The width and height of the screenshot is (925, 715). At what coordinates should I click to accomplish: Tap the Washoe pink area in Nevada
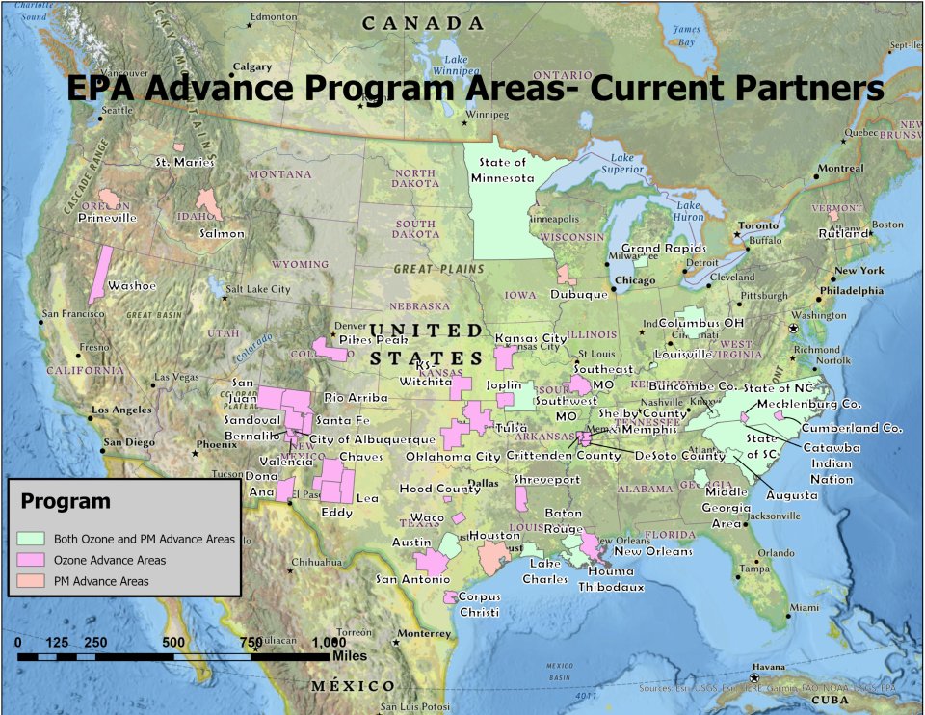99,274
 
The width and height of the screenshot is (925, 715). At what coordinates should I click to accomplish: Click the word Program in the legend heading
66,502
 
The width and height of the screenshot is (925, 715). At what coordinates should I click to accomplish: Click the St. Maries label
184,162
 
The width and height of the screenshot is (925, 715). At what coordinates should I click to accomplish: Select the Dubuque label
581,294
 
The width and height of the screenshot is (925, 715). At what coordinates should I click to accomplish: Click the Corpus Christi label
479,604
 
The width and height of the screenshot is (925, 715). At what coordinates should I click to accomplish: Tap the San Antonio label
412,579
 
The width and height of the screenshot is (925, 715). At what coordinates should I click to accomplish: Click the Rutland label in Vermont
844,233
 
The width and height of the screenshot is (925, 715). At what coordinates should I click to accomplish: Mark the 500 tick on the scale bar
173,642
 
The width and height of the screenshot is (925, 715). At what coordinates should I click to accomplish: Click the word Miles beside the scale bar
349,655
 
